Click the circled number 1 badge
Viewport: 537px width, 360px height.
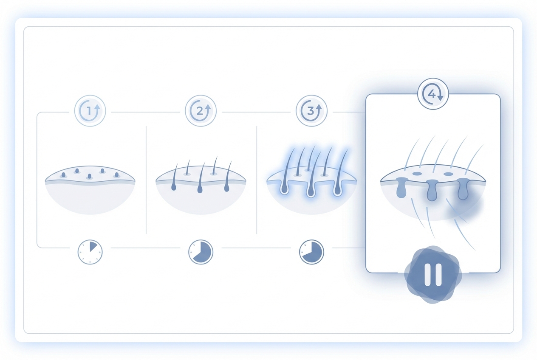pos(90,111)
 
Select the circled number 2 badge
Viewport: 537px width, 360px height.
pos(201,111)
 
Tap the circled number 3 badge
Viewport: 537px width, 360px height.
pos(311,111)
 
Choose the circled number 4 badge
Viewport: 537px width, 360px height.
pos(433,94)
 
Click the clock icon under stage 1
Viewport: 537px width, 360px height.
pos(90,252)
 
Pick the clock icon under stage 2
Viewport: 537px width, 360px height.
pos(201,252)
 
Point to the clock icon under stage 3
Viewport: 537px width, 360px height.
pos(311,252)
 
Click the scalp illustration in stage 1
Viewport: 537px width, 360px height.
pos(90,190)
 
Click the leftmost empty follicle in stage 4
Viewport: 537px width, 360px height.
pos(401,188)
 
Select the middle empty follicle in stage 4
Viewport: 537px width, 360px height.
pos(432,190)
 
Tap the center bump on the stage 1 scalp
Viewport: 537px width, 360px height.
pos(89,177)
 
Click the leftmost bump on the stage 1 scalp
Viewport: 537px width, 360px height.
pos(63,175)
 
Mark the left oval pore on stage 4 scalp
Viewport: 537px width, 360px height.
pos(417,173)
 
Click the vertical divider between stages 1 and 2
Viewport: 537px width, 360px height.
pos(146,180)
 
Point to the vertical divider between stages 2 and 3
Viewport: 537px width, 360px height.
pos(257,180)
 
